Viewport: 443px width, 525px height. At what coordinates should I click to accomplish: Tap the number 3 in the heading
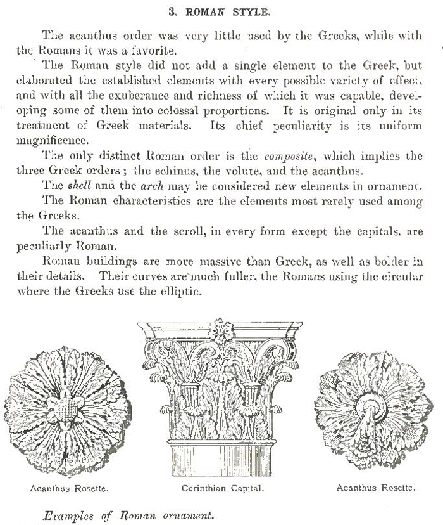172,11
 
